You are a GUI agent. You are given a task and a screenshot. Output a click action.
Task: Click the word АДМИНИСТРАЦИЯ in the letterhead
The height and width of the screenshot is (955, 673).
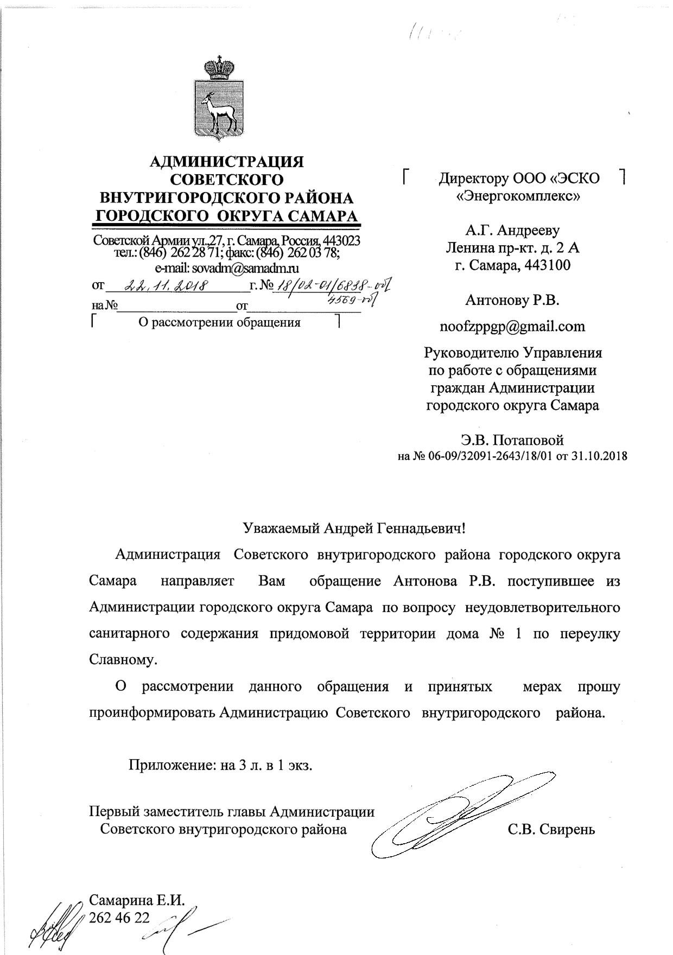coord(226,162)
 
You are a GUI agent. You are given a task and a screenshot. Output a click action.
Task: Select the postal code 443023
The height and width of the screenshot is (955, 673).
coord(341,240)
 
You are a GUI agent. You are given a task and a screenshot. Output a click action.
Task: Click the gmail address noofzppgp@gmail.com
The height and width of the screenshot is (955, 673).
coord(512,326)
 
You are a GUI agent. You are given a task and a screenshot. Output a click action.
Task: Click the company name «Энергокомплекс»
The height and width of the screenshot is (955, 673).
coord(519,196)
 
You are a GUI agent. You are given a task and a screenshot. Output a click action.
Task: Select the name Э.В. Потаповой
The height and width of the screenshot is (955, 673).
coord(512,440)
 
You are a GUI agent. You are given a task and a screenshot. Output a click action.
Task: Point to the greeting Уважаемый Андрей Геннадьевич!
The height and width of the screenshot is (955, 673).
coord(353,527)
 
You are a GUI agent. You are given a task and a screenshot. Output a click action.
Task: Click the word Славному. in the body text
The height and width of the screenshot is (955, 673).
coord(123,660)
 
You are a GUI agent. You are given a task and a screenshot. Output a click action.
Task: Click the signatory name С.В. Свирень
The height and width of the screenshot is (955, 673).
coord(551,830)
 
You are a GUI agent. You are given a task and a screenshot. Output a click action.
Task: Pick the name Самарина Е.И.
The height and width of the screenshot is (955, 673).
coord(137,900)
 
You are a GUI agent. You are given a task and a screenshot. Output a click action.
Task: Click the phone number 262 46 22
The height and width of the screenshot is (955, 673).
coord(119,916)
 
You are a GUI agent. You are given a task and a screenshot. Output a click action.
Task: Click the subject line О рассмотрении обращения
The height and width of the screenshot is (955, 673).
coord(220,323)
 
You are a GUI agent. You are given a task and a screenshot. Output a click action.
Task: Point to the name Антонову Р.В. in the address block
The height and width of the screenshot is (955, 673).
coord(512,300)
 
